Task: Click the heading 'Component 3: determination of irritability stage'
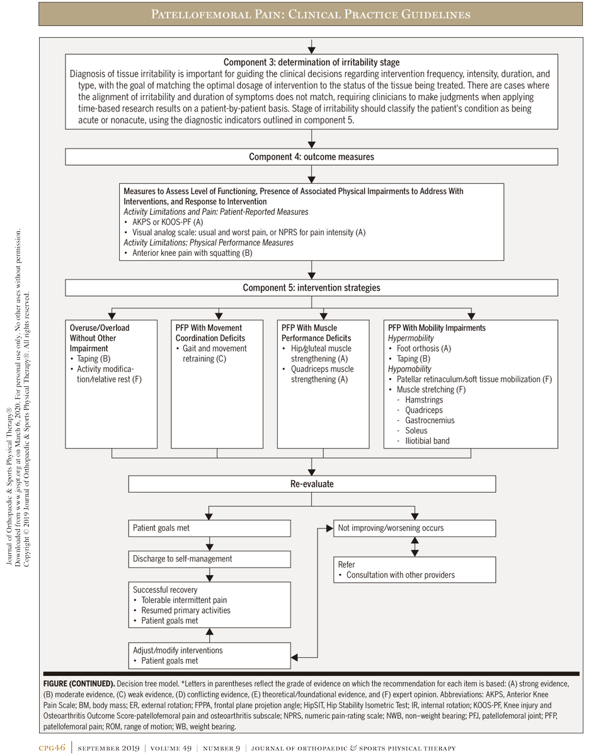311,62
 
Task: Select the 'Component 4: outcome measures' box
311,157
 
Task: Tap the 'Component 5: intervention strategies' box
311,288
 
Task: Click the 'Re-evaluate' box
311,484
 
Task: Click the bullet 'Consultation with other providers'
400,575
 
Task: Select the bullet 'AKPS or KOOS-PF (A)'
168,222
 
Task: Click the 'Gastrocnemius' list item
429,420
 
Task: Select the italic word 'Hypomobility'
410,369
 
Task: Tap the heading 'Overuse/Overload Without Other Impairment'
100,338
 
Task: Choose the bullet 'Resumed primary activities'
186,610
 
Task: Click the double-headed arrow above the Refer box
414,546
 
